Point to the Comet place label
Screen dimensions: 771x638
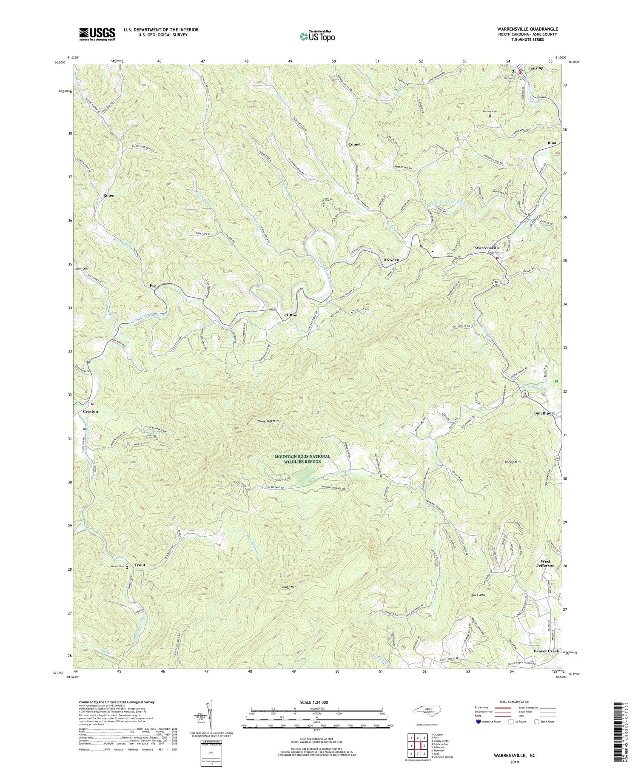click(354, 144)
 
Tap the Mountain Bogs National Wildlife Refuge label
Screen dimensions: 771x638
click(302, 459)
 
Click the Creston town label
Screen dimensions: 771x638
click(90, 412)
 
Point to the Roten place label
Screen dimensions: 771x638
click(108, 195)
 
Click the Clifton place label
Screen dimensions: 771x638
click(291, 315)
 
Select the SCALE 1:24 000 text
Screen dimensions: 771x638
click(317, 702)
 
